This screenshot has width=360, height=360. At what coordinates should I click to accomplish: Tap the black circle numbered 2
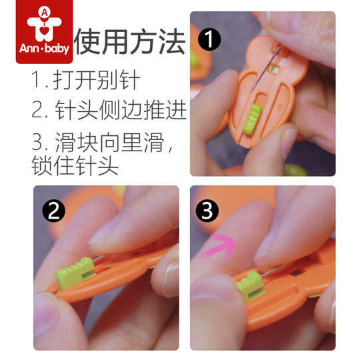click(53, 211)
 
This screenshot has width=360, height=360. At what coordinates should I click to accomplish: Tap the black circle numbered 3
click(209, 211)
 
